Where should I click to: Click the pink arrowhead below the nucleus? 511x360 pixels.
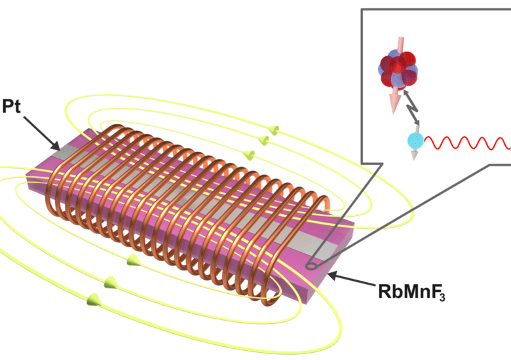pos(393,102)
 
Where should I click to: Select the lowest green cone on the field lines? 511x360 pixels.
pos(89,300)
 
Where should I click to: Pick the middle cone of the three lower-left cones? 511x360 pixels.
pos(109,283)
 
